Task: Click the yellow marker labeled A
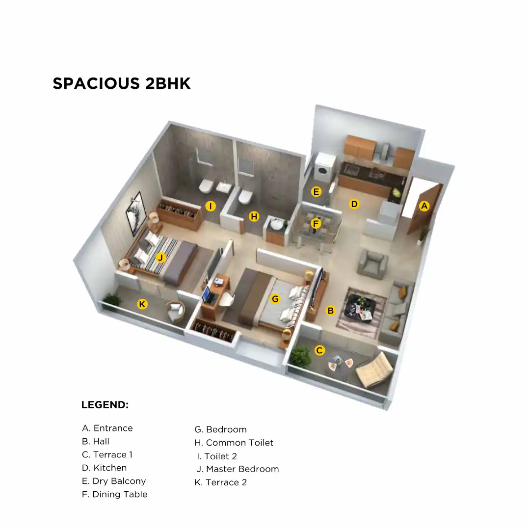pyautogui.click(x=424, y=206)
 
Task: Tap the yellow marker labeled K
pyautogui.click(x=142, y=304)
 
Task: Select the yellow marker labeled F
pyautogui.click(x=316, y=224)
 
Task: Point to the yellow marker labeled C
pyautogui.click(x=319, y=350)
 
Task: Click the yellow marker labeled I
pyautogui.click(x=211, y=206)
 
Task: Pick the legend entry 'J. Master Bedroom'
pyautogui.click(x=238, y=469)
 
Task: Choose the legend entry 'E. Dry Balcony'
pyautogui.click(x=114, y=481)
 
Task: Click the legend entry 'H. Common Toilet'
pyautogui.click(x=234, y=443)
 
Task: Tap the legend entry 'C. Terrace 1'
pyautogui.click(x=107, y=454)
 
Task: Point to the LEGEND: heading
pyautogui.click(x=105, y=405)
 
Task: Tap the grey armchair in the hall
pyautogui.click(x=372, y=264)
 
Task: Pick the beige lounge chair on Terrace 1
pyautogui.click(x=375, y=369)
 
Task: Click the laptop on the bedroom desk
pyautogui.click(x=209, y=294)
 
